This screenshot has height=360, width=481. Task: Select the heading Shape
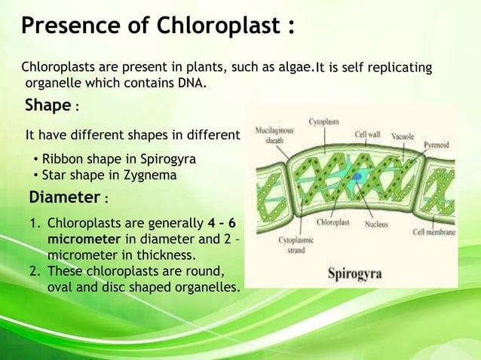48,105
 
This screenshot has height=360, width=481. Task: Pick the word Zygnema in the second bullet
152,175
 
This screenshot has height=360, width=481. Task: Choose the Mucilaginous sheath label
274,135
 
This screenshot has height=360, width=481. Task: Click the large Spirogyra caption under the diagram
359,273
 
